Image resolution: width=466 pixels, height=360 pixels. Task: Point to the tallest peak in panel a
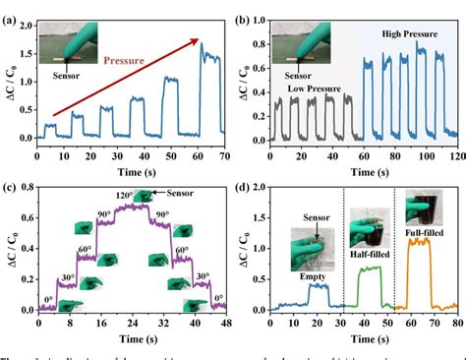tap(203, 45)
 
